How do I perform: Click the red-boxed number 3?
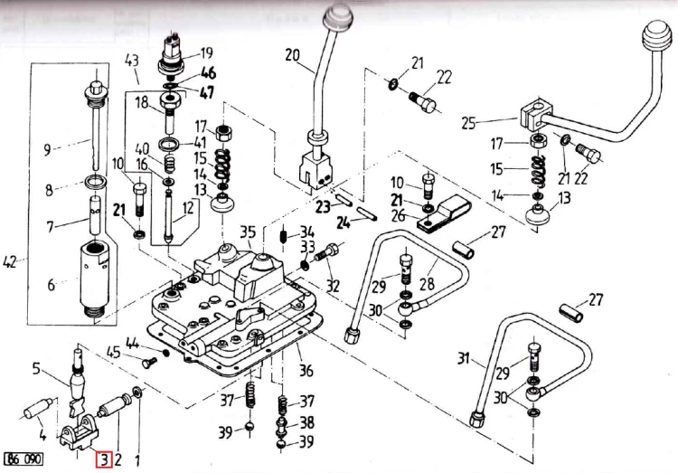[105, 459]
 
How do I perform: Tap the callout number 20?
[292, 54]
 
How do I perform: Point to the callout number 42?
[12, 264]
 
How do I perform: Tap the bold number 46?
[208, 73]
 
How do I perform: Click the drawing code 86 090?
[24, 459]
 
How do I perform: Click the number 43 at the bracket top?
[131, 61]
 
